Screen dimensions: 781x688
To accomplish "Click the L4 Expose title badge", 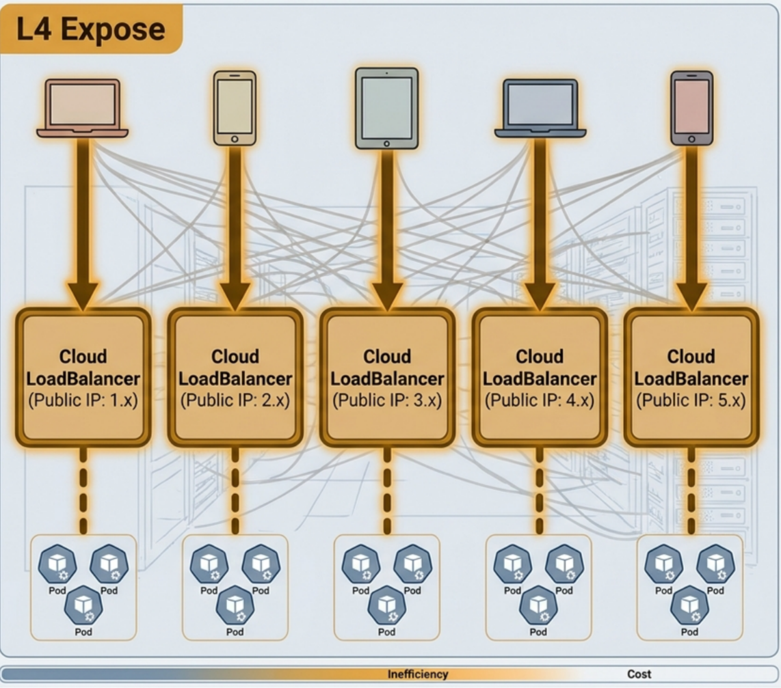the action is pos(91,29).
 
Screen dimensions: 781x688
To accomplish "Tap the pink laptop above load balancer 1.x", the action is pos(83,108).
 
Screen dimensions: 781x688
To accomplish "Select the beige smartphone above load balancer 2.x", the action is pos(235,108).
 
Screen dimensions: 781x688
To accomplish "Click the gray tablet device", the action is pos(387,109).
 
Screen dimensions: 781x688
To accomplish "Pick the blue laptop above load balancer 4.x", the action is pos(540,108).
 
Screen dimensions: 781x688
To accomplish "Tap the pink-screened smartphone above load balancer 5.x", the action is pos(691,108).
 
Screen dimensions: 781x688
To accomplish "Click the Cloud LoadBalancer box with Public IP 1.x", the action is pos(83,378).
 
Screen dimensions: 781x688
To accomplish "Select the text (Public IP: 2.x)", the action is pos(235,400).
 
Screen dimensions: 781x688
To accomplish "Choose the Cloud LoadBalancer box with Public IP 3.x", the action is pos(387,378).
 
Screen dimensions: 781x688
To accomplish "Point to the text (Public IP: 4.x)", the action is pos(540,400).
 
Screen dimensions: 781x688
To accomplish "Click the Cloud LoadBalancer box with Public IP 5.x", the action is pos(691,378).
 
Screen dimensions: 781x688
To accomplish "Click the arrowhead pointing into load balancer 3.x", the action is pos(387,297).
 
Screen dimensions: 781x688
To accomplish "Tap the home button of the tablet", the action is pos(387,143).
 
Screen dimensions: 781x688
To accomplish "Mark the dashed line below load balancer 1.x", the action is pos(83,491).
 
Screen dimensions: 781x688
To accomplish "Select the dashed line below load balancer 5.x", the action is pos(691,491).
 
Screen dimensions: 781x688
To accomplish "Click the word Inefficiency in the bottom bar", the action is pos(418,674).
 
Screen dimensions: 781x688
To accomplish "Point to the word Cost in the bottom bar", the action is pos(639,674).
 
